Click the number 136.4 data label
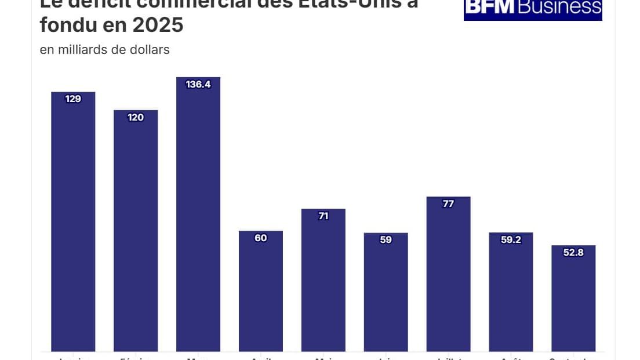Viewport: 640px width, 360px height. tap(198, 85)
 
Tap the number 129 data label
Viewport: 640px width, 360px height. tap(73, 99)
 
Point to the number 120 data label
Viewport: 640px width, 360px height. tap(136, 118)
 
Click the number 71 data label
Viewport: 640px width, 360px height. tap(323, 216)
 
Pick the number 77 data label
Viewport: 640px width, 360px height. tap(448, 204)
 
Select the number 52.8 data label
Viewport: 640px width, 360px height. tap(573, 253)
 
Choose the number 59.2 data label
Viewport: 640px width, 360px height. tap(511, 240)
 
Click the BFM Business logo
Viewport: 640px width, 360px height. tap(533, 8)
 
